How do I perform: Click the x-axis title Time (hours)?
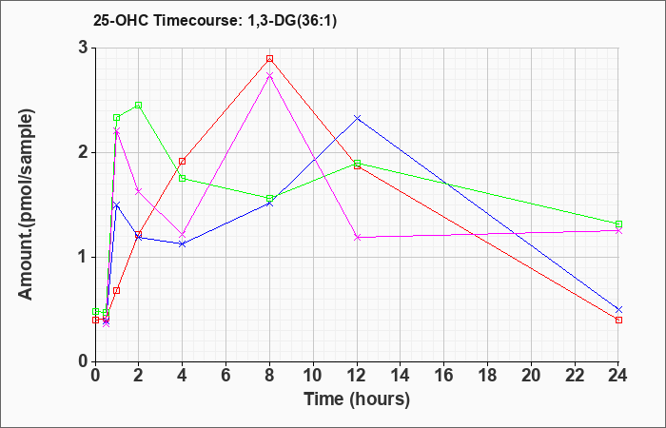pyautogui.click(x=357, y=399)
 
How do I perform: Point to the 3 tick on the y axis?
pyautogui.click(x=83, y=48)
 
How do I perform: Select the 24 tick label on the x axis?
pyautogui.click(x=619, y=376)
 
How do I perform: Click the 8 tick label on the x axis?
pyautogui.click(x=270, y=376)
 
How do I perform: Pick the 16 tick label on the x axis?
pyautogui.click(x=444, y=376)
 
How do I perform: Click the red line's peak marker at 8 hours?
pyautogui.click(x=270, y=59)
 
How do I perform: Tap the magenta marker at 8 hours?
pyautogui.click(x=270, y=75)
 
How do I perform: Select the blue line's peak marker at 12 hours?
pyautogui.click(x=358, y=118)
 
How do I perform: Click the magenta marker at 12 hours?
pyautogui.click(x=358, y=237)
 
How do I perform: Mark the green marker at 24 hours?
pyautogui.click(x=619, y=224)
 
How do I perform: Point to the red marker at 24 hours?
pyautogui.click(x=619, y=320)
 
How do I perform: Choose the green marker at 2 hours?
pyautogui.click(x=139, y=105)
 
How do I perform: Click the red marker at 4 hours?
pyautogui.click(x=183, y=161)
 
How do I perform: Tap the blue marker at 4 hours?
pyautogui.click(x=183, y=243)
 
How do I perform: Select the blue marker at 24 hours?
pyautogui.click(x=619, y=309)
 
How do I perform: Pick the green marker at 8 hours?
pyautogui.click(x=270, y=199)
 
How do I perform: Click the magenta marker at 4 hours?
pyautogui.click(x=183, y=234)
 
